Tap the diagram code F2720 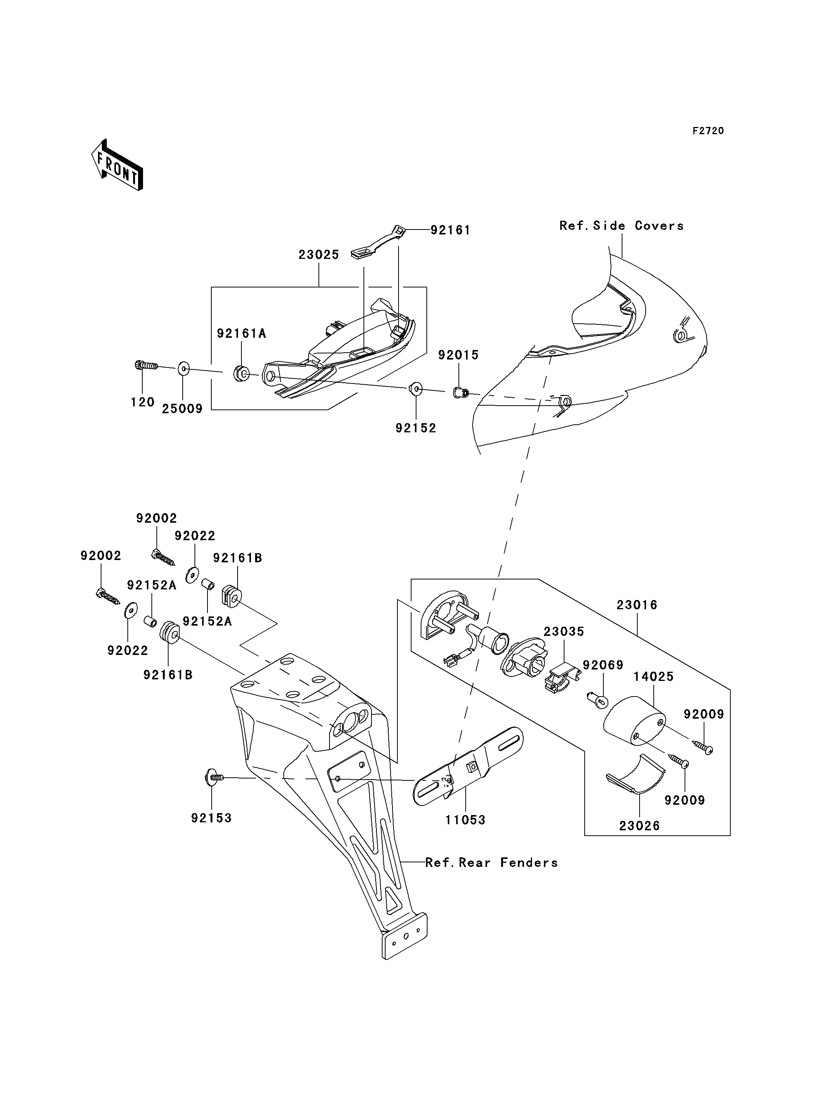tap(708, 131)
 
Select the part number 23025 tap(318, 255)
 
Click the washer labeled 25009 tap(183, 369)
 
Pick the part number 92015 tap(458, 355)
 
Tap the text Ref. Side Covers tap(622, 226)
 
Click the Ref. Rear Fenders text tap(492, 863)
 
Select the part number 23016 tap(637, 605)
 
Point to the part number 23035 tap(564, 631)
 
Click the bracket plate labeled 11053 tap(468, 766)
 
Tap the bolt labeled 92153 tap(214, 777)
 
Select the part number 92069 tap(603, 665)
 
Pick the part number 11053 tap(465, 820)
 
